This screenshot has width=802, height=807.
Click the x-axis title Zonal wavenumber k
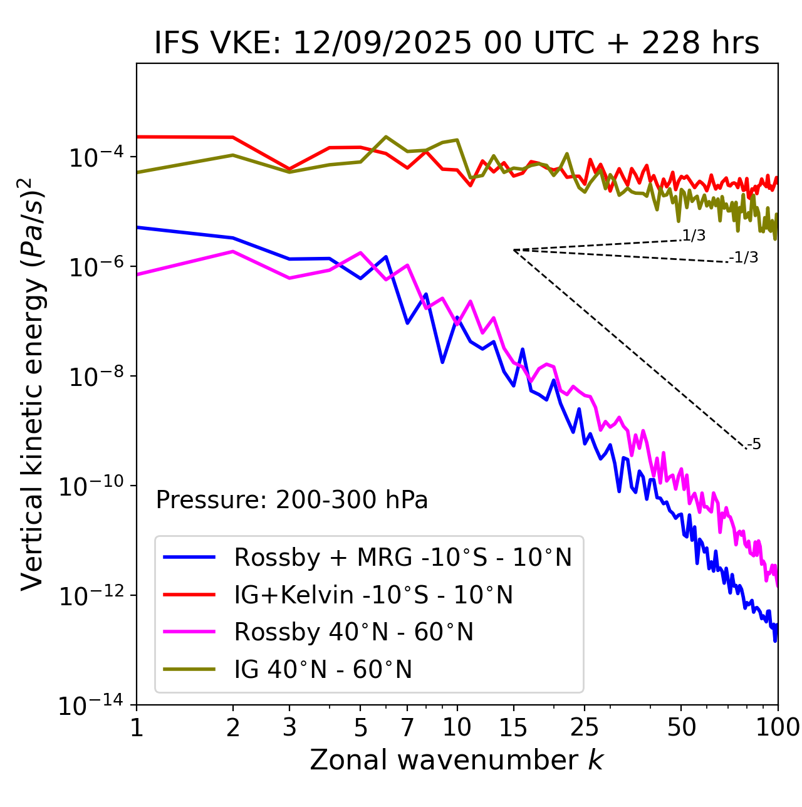pos(457,760)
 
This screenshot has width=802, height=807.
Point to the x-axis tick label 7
pos(407,727)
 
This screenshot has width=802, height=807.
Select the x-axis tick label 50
pos(681,727)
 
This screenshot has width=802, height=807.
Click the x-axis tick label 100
pos(778,727)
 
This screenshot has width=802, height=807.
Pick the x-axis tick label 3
pos(289,727)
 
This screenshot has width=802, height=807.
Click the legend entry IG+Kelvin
pos(373,595)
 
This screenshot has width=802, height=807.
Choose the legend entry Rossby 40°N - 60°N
pos(353,632)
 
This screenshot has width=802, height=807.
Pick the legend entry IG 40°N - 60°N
pos(323,670)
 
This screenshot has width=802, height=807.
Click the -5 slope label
pos(754,445)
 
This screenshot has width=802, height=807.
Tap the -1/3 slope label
pos(744,258)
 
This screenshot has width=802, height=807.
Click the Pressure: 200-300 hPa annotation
pos(292,500)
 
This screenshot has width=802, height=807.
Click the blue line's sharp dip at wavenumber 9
pos(442,362)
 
